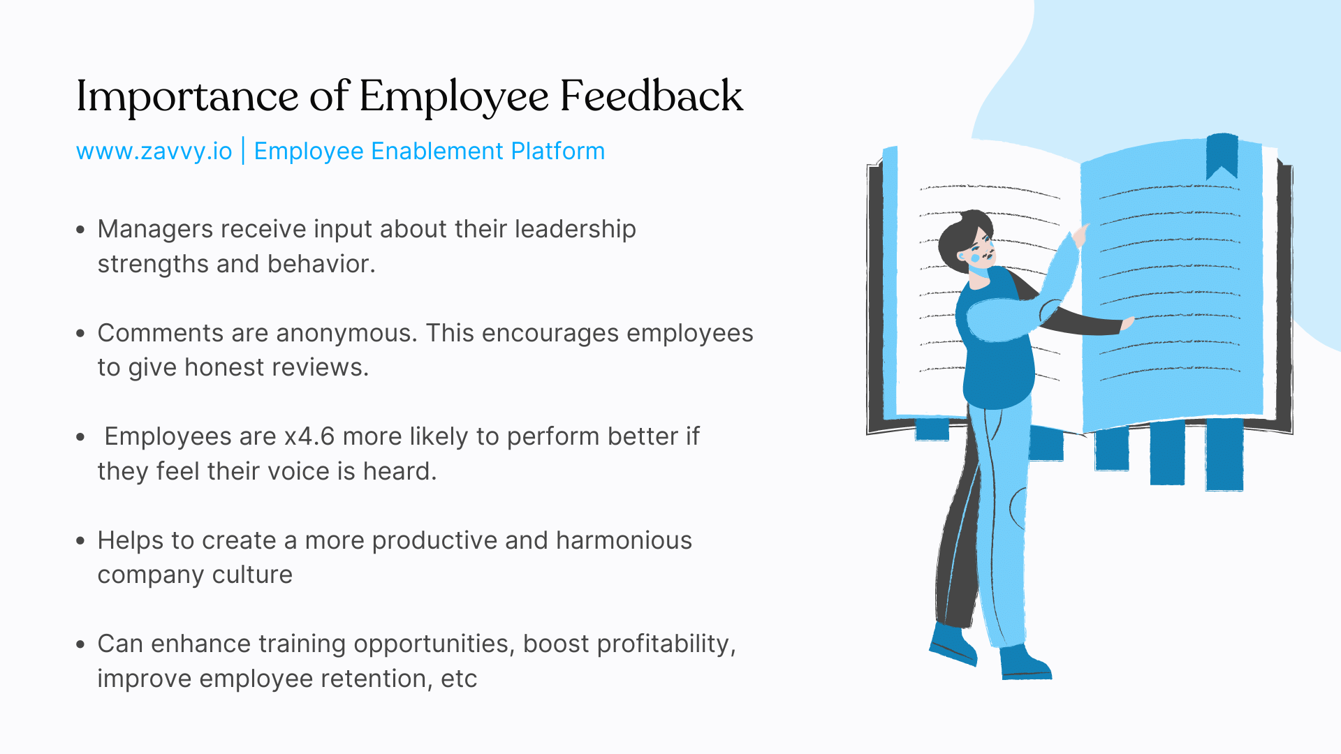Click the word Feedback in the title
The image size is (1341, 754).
tap(651, 96)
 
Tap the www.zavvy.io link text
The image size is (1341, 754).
tap(154, 151)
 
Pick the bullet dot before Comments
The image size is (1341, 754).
tap(81, 334)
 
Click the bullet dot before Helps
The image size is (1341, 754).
tap(81, 541)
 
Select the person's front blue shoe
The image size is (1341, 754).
tap(1025, 663)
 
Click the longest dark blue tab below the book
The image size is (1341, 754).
tap(1224, 454)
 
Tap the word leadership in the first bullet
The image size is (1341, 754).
tap(575, 229)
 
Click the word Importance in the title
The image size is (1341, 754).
tap(187, 96)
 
